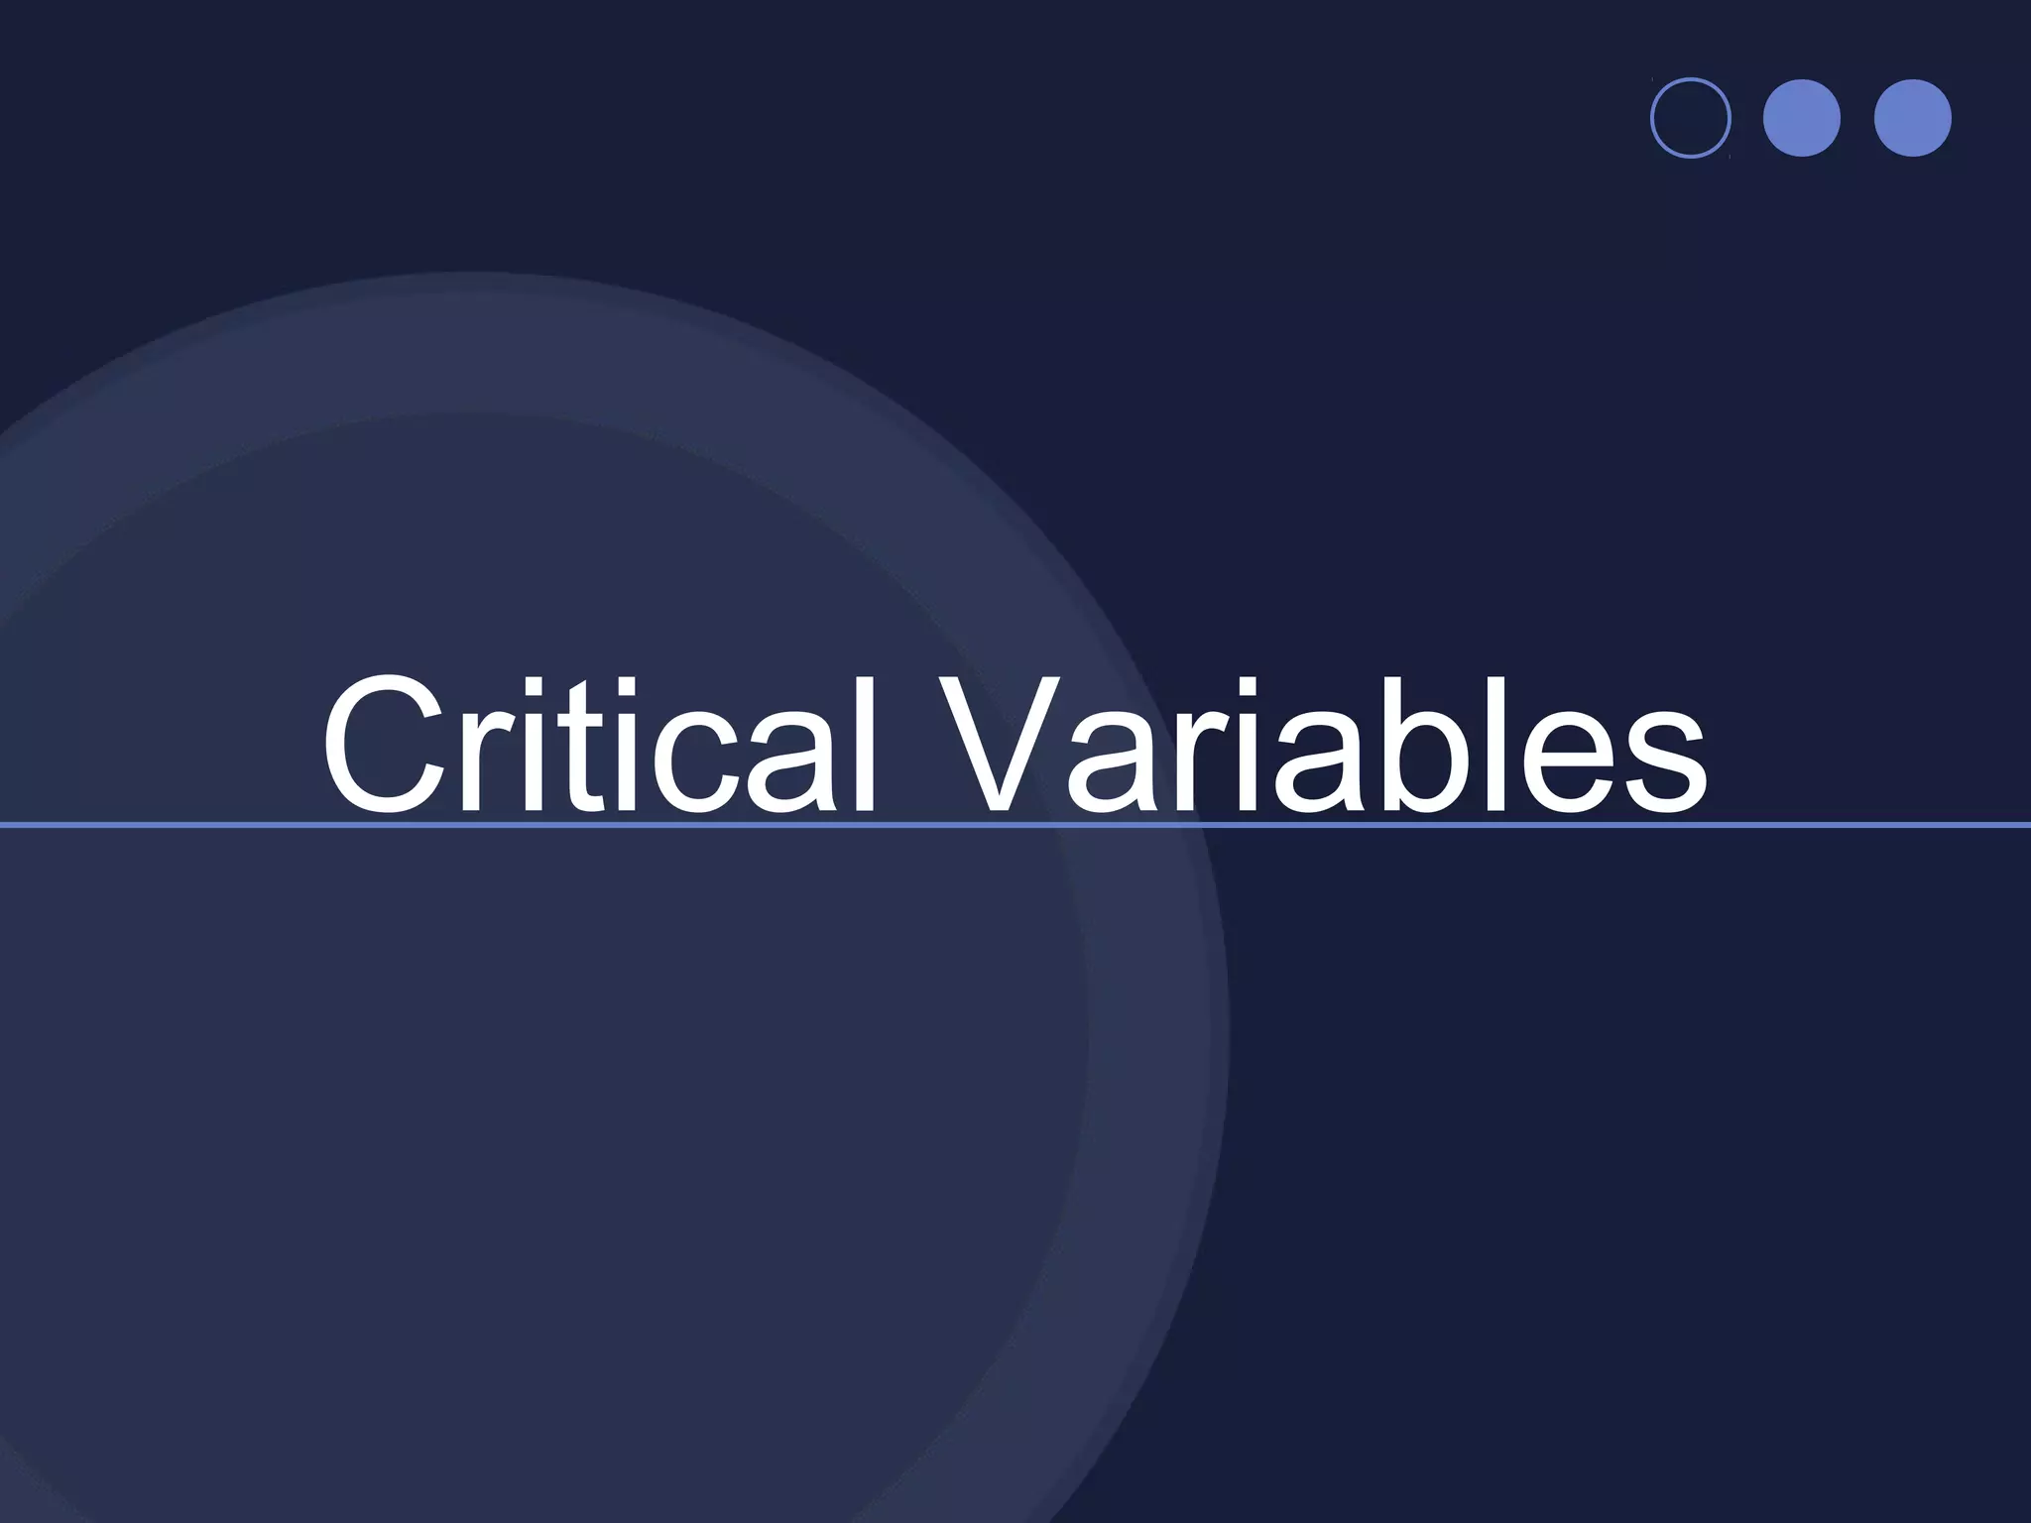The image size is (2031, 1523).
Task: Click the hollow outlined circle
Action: click(x=1691, y=118)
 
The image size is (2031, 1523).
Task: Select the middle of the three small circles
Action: click(x=1802, y=118)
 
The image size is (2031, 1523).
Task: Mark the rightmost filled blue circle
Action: click(x=1913, y=118)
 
